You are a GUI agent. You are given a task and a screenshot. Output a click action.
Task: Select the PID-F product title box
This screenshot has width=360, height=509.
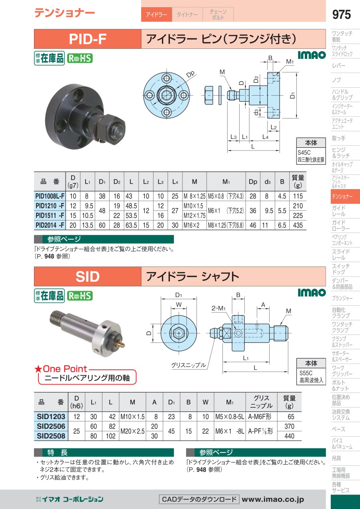coord(87,39)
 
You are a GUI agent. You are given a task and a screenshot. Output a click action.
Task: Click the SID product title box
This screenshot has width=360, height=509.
coord(87,277)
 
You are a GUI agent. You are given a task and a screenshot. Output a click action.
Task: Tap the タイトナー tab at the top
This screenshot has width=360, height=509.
coord(187,15)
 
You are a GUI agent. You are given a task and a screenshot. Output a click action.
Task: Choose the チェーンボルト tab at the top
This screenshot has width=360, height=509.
coord(218,15)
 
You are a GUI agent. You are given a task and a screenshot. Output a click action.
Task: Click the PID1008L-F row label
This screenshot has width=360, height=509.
coord(50,196)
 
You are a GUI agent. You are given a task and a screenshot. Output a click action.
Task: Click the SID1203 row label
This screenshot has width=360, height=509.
coord(51,417)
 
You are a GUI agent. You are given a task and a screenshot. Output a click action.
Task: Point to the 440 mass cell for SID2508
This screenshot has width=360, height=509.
coord(289,436)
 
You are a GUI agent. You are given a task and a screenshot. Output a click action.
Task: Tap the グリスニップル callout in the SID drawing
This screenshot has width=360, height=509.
coord(188,365)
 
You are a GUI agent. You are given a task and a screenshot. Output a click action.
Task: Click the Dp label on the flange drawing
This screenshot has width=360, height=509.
coord(190,74)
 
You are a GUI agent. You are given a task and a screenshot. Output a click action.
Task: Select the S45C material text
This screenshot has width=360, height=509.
coord(304,152)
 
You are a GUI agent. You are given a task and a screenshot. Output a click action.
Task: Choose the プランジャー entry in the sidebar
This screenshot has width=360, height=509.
coord(342,298)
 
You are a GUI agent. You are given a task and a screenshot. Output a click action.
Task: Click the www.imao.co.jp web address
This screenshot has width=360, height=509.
coord(273,499)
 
